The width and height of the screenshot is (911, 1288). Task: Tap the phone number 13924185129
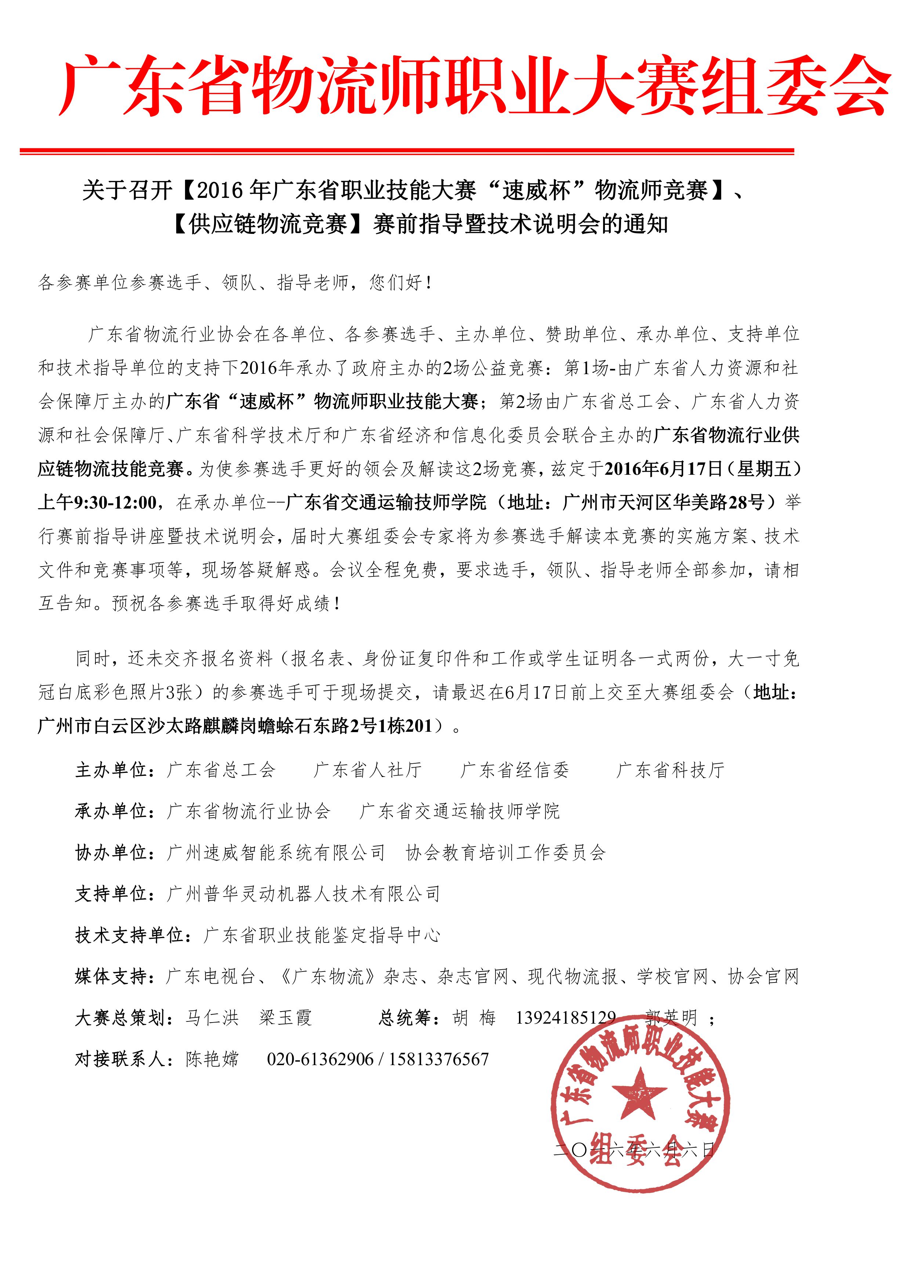tap(566, 1018)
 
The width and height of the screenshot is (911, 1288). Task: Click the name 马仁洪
tap(212, 1018)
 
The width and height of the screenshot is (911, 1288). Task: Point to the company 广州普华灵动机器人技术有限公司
tap(303, 894)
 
